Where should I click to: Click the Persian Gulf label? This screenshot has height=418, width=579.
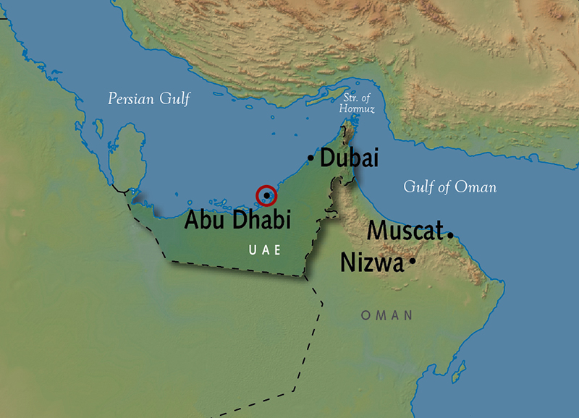pyautogui.click(x=148, y=99)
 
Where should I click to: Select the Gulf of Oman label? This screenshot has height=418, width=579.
pyautogui.click(x=449, y=187)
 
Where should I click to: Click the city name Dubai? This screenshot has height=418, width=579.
pyautogui.click(x=349, y=158)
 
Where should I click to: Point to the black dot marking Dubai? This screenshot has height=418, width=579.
pyautogui.click(x=311, y=158)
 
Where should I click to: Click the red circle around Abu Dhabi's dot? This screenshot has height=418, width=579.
pyautogui.click(x=266, y=195)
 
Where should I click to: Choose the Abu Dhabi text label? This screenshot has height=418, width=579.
pyautogui.click(x=237, y=219)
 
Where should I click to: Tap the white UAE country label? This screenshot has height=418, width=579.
pyautogui.click(x=263, y=250)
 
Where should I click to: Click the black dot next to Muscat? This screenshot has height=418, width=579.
pyautogui.click(x=450, y=235)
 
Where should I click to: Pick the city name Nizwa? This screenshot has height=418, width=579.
pyautogui.click(x=372, y=263)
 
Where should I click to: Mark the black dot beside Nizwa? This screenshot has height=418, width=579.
pyautogui.click(x=412, y=260)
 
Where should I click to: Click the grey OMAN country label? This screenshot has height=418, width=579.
pyautogui.click(x=386, y=315)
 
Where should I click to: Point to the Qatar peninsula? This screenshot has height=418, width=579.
pyautogui.click(x=128, y=155)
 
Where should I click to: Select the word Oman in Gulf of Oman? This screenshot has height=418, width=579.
pyautogui.click(x=476, y=187)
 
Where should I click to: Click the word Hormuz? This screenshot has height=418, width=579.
pyautogui.click(x=355, y=108)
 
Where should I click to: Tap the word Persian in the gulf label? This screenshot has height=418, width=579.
pyautogui.click(x=131, y=99)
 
